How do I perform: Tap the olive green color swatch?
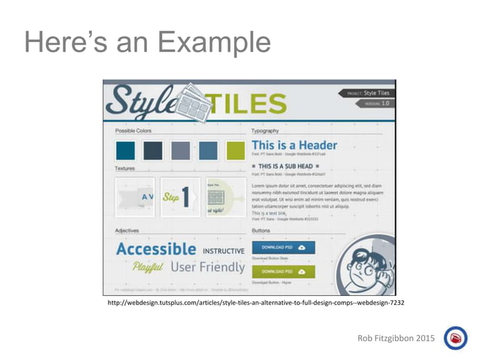[x=236, y=150]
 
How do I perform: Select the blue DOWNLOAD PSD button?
[x=283, y=247]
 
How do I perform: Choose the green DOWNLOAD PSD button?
[x=283, y=271]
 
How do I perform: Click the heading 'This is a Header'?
[x=294, y=145]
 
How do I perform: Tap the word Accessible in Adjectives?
[x=156, y=249]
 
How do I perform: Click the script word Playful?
[x=149, y=267]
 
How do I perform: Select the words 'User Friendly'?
[x=207, y=267]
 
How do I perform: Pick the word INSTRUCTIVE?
[x=222, y=250]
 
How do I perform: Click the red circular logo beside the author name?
[x=455, y=338]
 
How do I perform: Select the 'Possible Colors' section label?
[x=133, y=131]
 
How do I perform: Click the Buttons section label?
[x=262, y=230]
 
